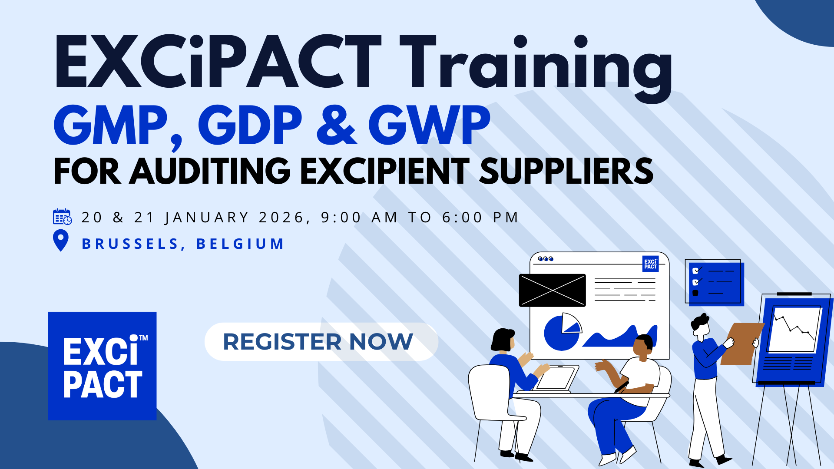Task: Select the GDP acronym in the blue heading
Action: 250,125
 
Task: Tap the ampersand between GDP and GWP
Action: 337,125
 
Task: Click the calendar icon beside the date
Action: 62,216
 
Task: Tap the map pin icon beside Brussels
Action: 61,241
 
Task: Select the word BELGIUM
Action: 240,244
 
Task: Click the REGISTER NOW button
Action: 321,342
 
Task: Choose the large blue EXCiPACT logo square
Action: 102,366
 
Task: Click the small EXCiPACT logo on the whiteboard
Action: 650,264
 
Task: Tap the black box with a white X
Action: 552,290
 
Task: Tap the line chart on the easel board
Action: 794,330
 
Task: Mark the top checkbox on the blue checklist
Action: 695,271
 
